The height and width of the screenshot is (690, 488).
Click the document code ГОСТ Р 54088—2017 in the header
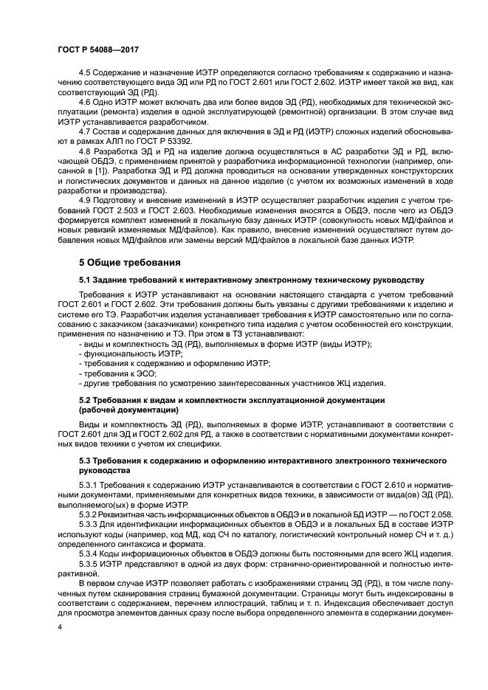click(x=99, y=49)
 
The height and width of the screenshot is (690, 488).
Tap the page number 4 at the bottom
click(x=60, y=627)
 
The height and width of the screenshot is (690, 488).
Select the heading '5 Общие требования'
click(x=130, y=262)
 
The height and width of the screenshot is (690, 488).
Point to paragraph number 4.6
click(x=85, y=102)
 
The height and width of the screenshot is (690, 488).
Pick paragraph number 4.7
click(x=85, y=130)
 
